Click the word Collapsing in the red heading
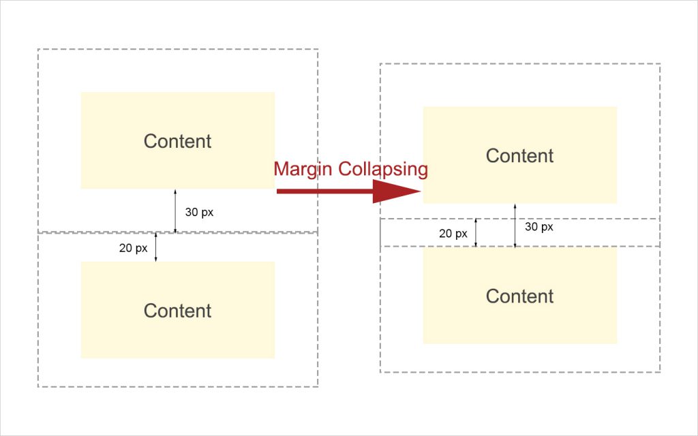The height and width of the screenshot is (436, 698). (x=382, y=170)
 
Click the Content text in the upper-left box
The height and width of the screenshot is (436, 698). (x=177, y=142)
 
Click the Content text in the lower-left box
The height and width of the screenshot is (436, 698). (x=177, y=311)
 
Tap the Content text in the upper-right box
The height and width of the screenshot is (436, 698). (x=519, y=156)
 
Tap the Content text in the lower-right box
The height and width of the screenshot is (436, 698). (x=519, y=296)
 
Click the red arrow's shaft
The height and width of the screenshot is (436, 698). (x=325, y=191)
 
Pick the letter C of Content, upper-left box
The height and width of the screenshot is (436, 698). (x=151, y=142)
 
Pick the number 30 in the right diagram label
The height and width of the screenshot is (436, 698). (x=531, y=227)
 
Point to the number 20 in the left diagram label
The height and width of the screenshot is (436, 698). (x=125, y=248)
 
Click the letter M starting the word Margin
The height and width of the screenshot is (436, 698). (x=281, y=169)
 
